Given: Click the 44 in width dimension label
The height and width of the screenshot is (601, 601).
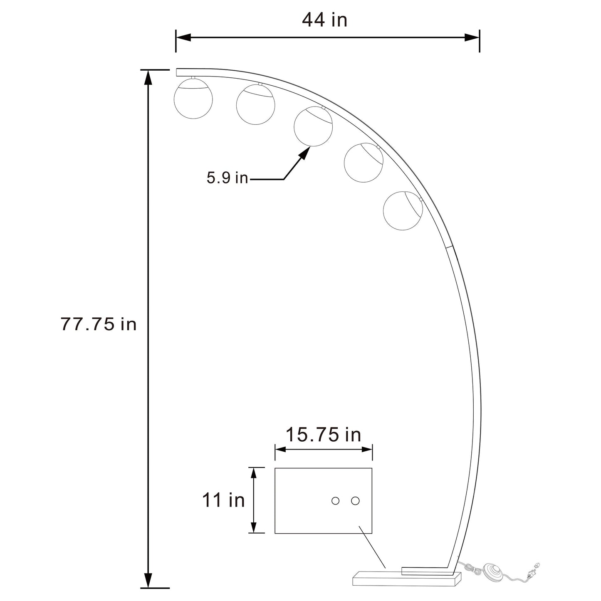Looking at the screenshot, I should coord(324,20).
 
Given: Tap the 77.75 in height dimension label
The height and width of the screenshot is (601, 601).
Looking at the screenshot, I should coord(99,324).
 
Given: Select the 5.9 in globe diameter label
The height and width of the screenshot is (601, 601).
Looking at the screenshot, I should coord(227,178).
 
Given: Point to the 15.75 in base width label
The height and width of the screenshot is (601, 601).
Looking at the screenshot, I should coord(323,435).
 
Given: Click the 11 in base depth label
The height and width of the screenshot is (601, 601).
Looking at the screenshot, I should coord(223,500).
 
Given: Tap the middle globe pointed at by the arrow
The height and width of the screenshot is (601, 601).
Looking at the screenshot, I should coord(313,126).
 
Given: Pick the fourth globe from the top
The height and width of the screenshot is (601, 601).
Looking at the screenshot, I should coord(364,163).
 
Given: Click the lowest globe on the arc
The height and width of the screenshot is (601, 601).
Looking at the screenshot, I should coord(403,211).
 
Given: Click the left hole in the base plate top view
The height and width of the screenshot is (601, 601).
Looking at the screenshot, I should coord(335,501).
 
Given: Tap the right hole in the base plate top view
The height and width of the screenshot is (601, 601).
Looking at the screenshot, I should coord(355,501).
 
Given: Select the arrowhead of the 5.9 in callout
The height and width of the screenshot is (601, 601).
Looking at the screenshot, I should coord(305,153).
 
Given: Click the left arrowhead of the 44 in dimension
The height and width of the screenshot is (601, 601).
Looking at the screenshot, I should coord(183,37).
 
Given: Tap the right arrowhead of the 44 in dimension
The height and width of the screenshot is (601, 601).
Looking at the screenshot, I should coord(472,37).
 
